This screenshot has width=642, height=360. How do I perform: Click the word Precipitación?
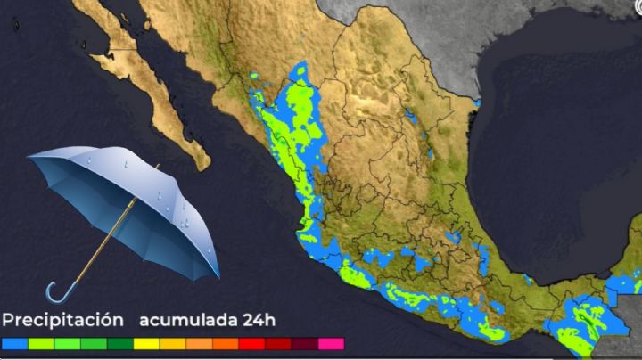pos(62,320)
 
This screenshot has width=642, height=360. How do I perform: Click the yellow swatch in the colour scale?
pos(146,343)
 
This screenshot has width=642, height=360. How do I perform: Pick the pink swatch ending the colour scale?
pos(331,343)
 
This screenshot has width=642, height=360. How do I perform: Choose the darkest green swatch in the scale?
pos(120,343)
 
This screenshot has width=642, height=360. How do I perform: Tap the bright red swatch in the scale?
pos(251,343)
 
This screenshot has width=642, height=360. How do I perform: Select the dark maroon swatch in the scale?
pos(304,343)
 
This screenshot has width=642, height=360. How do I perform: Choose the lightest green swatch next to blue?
pos(41,343)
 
